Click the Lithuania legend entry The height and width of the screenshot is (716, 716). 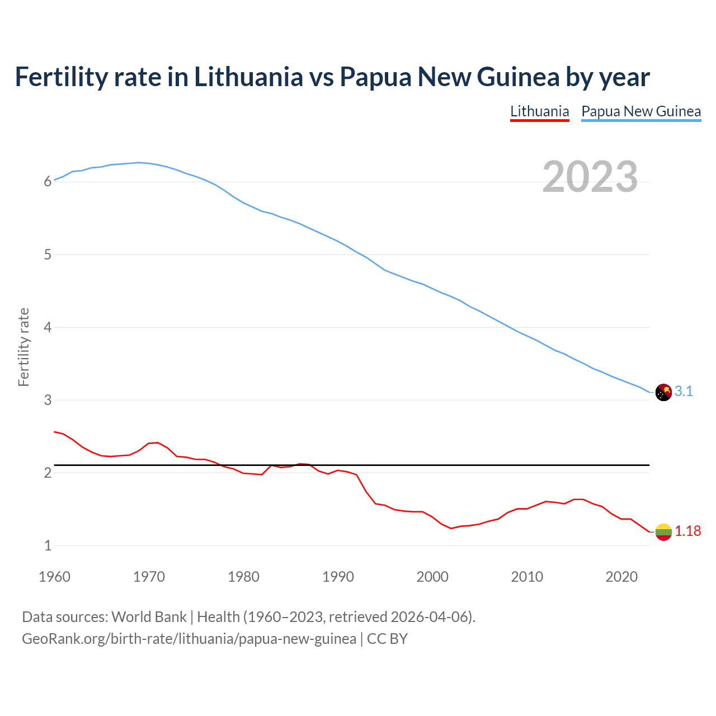539,111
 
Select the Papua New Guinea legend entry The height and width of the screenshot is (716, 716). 641,111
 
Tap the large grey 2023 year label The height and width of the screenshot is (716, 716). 590,177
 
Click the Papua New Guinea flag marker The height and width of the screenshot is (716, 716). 663,392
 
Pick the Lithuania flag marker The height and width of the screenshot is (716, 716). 663,531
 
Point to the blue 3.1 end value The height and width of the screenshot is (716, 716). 684,392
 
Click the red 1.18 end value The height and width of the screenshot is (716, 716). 687,531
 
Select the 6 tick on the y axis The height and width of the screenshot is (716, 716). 48,182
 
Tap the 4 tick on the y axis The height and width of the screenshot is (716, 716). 48,327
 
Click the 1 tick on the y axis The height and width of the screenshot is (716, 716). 48,545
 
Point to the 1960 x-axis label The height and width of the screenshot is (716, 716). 54,577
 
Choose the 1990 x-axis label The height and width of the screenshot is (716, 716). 338,577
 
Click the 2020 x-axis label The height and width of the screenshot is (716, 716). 621,577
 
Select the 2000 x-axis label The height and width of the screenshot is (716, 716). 432,577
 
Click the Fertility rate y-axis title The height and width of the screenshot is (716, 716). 23,347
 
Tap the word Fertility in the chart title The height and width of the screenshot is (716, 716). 60,77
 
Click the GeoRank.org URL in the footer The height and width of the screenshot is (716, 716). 189,639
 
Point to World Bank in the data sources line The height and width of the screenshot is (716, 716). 149,617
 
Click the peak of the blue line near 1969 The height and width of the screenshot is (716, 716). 139,162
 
